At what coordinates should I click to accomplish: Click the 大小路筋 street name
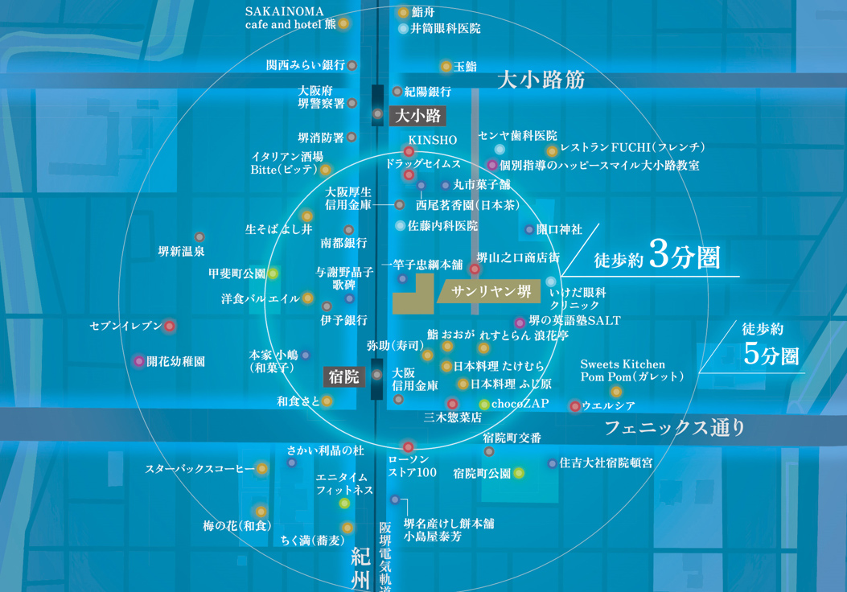tap(540, 80)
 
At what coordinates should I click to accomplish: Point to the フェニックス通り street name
tap(675, 427)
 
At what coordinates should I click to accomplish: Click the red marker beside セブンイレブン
tap(170, 326)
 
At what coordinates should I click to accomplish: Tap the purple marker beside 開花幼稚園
tap(139, 361)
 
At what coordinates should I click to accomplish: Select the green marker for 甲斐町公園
tap(273, 273)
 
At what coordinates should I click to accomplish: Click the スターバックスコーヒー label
tap(200, 468)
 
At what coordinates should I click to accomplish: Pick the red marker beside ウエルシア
tap(574, 406)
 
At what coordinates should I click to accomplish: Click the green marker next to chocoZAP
tap(484, 404)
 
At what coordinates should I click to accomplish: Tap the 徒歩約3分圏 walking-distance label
tap(656, 258)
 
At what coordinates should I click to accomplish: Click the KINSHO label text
tap(432, 140)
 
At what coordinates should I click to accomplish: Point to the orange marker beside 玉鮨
tap(446, 66)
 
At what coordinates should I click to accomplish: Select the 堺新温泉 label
tap(181, 251)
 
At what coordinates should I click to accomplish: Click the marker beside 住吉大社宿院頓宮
tap(552, 463)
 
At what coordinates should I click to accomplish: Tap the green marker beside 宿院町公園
tap(519, 473)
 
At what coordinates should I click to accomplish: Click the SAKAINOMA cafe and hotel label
tap(290, 18)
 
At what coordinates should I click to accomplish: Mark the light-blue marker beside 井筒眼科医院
tap(404, 29)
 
